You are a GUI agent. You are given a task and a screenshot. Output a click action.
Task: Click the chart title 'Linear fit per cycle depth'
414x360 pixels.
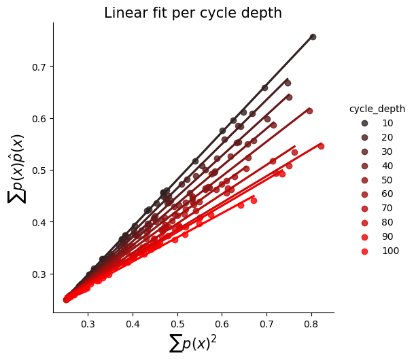(x=193, y=13)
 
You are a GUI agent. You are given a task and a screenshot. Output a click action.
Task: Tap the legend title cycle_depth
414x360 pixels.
(x=377, y=109)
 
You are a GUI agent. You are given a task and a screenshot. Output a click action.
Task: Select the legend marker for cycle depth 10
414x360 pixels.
(x=364, y=123)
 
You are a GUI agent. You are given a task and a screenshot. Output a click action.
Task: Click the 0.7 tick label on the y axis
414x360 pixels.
(x=39, y=67)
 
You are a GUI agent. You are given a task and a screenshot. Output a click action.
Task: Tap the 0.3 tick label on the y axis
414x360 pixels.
(x=39, y=274)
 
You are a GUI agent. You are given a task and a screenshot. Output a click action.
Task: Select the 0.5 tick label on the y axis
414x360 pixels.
(x=39, y=170)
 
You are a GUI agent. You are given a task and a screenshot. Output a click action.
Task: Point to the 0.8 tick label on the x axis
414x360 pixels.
(x=311, y=324)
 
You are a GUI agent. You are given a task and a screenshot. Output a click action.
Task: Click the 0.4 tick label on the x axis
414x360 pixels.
(x=133, y=324)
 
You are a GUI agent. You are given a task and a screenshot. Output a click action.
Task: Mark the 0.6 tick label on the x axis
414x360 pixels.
(x=222, y=324)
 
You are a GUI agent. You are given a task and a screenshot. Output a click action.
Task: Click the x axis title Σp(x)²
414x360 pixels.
(x=193, y=344)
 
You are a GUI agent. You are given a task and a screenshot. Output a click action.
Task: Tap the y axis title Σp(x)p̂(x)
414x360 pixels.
(x=16, y=169)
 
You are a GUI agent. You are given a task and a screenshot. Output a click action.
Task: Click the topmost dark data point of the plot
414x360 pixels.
(x=313, y=37)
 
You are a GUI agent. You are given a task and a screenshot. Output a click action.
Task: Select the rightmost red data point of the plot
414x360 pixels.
(x=321, y=146)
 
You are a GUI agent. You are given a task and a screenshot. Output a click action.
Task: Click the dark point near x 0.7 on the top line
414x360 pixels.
(x=264, y=88)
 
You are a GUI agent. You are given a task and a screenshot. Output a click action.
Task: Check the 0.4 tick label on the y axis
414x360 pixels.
(x=39, y=222)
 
